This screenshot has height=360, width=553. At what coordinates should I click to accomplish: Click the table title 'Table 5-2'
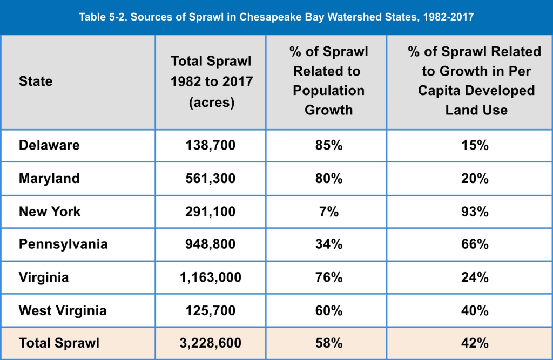point(276,17)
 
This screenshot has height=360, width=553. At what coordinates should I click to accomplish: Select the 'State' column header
point(36,81)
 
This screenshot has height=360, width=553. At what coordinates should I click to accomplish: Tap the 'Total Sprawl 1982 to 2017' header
point(211,81)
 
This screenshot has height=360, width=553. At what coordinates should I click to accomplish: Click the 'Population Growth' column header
point(328,81)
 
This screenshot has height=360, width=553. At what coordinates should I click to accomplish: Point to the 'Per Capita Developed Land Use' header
point(476,81)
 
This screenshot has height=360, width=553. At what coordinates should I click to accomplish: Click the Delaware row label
point(49,145)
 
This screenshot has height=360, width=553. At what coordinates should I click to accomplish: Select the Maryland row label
point(49,178)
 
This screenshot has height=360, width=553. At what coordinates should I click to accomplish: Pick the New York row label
point(50,211)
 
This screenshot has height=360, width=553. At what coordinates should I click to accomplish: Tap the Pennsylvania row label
point(63,244)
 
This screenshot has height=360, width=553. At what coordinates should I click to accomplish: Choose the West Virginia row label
point(63,310)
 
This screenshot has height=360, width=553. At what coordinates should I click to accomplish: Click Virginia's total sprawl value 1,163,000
point(211,277)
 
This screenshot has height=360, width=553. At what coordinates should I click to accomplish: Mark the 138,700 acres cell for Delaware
point(211,145)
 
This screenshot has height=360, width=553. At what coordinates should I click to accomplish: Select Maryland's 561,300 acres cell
point(211,178)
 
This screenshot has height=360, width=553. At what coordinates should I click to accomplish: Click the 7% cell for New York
point(328,211)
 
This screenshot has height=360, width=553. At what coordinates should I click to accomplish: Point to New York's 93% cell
point(476,211)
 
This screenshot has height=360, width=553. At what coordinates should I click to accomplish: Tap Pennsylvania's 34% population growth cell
point(328,244)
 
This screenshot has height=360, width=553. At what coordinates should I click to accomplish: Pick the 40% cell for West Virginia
point(476,310)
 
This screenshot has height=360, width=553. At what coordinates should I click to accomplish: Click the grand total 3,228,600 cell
point(211,343)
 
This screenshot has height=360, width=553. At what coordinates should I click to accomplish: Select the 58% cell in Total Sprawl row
point(328,343)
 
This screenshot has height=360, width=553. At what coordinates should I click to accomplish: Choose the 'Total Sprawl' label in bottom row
point(59,343)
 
